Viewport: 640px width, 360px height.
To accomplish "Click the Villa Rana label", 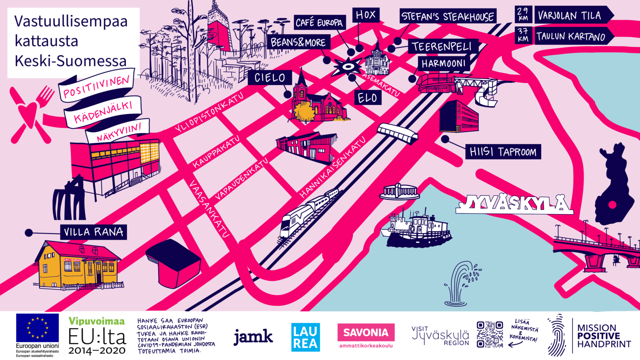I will click(93, 232).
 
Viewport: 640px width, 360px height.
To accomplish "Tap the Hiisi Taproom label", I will click(503, 152).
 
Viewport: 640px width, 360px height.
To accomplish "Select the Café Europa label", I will click(319, 22).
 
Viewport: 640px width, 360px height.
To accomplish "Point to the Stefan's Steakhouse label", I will click(448, 16).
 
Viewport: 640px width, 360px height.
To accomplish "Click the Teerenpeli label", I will click(441, 47).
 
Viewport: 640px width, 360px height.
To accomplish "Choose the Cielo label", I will click(270, 78).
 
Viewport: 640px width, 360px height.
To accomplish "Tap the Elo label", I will click(367, 98).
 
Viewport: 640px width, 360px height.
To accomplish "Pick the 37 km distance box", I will click(523, 36).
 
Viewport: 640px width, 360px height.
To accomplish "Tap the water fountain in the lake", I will click(460, 284).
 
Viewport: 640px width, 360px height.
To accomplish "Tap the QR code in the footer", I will click(489, 334).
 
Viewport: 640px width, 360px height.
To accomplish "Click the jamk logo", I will click(253, 337).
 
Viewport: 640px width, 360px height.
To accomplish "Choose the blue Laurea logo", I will click(305, 337).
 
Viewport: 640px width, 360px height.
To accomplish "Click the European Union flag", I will click(37, 327).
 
